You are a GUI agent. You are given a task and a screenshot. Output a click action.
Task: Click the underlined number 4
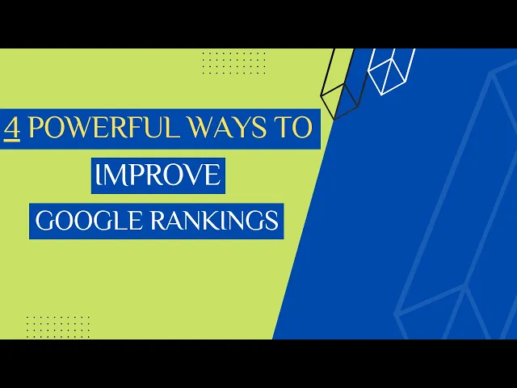tap(12, 129)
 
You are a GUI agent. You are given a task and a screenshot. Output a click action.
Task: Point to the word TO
tap(296, 129)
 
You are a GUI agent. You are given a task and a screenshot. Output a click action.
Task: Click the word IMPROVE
tap(158, 175)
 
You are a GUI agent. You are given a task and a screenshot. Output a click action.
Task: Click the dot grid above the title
tap(233, 62)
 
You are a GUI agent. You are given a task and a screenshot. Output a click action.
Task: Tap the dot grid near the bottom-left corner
tap(58, 327)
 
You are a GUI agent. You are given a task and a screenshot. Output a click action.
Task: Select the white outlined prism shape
tap(392, 69)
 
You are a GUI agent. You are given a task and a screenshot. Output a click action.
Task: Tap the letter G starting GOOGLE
tap(43, 220)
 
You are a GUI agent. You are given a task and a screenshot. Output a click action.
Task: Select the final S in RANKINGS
tap(273, 220)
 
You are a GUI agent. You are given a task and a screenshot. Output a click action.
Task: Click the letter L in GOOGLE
tap(116, 220)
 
